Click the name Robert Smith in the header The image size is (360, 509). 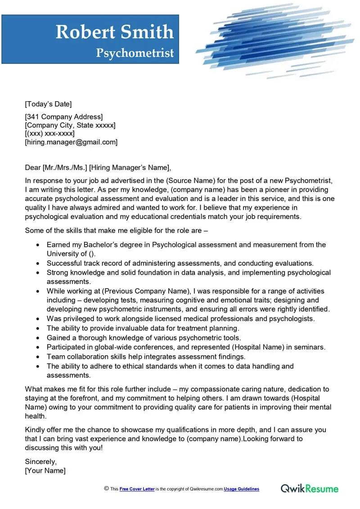[114, 32]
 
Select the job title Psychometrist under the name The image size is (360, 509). [135, 53]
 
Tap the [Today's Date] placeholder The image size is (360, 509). [48, 104]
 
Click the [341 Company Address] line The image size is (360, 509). [63, 117]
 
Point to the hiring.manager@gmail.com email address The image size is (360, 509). [71, 142]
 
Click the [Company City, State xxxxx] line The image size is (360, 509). [70, 125]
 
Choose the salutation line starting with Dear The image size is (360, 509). [98, 168]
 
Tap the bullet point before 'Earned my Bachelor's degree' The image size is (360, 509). [37, 245]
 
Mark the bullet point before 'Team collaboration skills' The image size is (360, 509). [37, 357]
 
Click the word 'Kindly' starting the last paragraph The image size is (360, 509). [36, 430]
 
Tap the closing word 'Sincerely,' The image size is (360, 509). [41, 461]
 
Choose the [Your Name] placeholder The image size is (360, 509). [45, 470]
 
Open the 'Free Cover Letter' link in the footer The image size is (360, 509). [137, 489]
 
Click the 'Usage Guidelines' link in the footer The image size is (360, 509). [242, 489]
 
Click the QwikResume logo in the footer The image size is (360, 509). [310, 488]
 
